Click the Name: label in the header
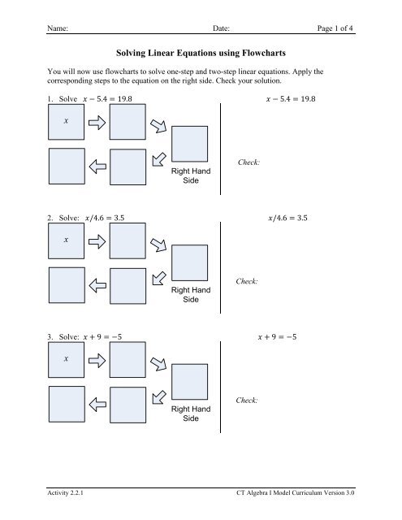(x=58, y=28)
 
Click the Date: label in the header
(x=221, y=28)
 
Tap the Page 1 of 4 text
(x=335, y=28)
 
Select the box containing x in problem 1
(x=67, y=122)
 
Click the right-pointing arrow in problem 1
(x=97, y=123)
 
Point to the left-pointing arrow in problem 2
(x=97, y=285)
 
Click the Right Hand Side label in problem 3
(x=191, y=414)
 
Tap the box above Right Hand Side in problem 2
(x=189, y=262)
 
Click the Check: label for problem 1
(x=249, y=162)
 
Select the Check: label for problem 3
(x=247, y=401)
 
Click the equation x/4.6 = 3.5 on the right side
(x=287, y=218)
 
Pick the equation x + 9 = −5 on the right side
(x=277, y=337)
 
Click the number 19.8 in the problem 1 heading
(x=124, y=99)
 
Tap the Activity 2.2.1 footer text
(x=65, y=493)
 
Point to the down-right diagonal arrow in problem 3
(x=158, y=364)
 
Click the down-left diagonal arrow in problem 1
(x=159, y=159)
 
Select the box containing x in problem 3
(x=67, y=359)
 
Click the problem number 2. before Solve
(x=50, y=218)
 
